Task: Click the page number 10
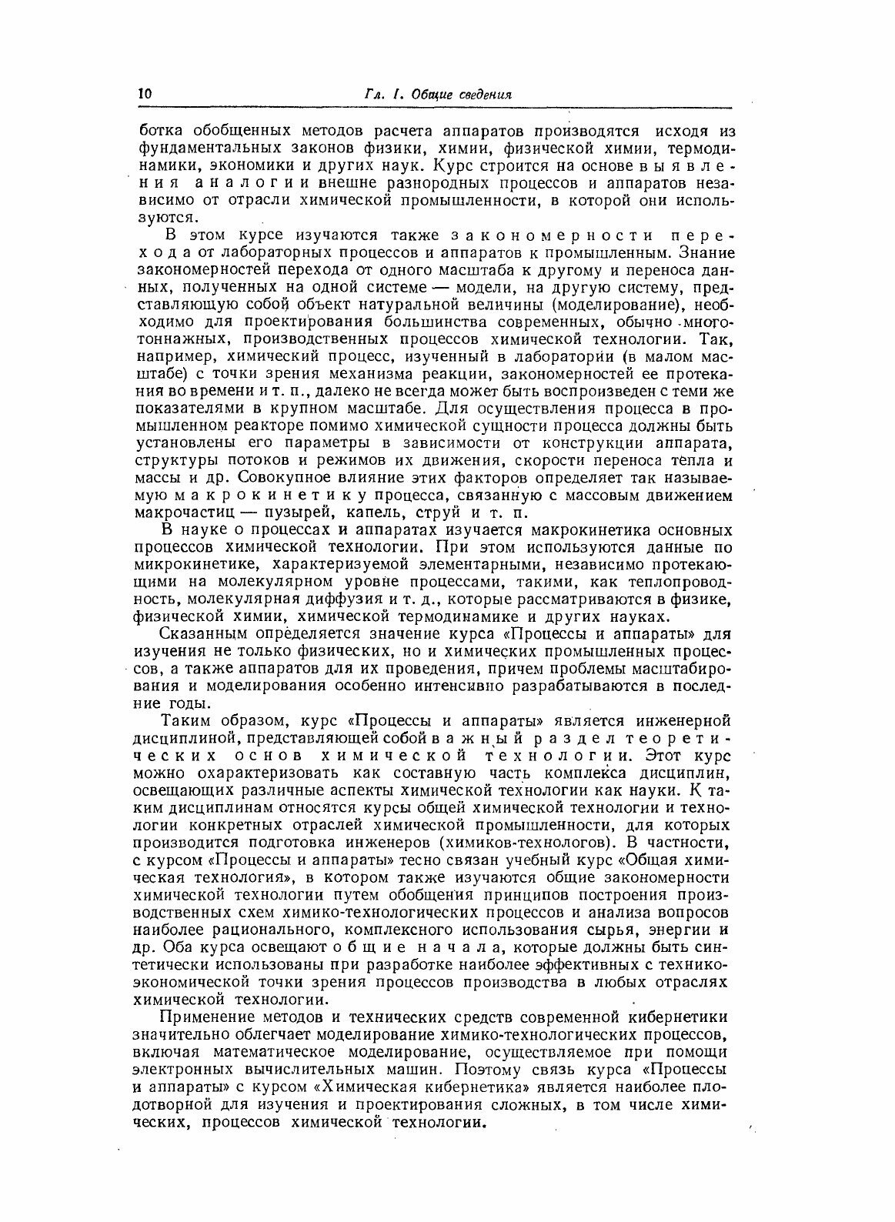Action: [x=145, y=94]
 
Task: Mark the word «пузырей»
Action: [x=295, y=514]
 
